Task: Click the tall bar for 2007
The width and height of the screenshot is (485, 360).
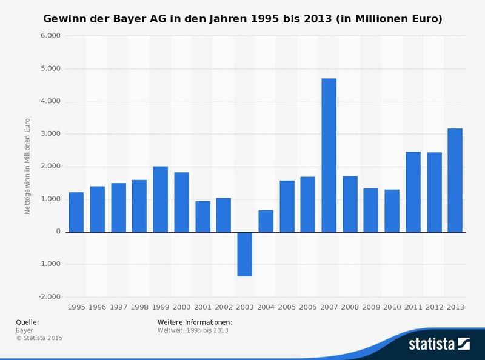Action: click(x=329, y=155)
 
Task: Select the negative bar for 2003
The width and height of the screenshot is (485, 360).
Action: click(x=244, y=254)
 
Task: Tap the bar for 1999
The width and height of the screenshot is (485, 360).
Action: click(x=160, y=199)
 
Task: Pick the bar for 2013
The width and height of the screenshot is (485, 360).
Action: click(x=455, y=180)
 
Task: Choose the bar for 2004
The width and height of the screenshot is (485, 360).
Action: click(x=266, y=221)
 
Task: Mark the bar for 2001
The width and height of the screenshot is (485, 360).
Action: click(x=202, y=216)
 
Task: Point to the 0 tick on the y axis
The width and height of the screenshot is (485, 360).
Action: click(x=58, y=232)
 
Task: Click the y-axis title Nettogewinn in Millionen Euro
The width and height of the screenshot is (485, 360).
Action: click(x=27, y=167)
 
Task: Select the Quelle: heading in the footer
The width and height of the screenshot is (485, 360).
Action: click(x=27, y=322)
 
